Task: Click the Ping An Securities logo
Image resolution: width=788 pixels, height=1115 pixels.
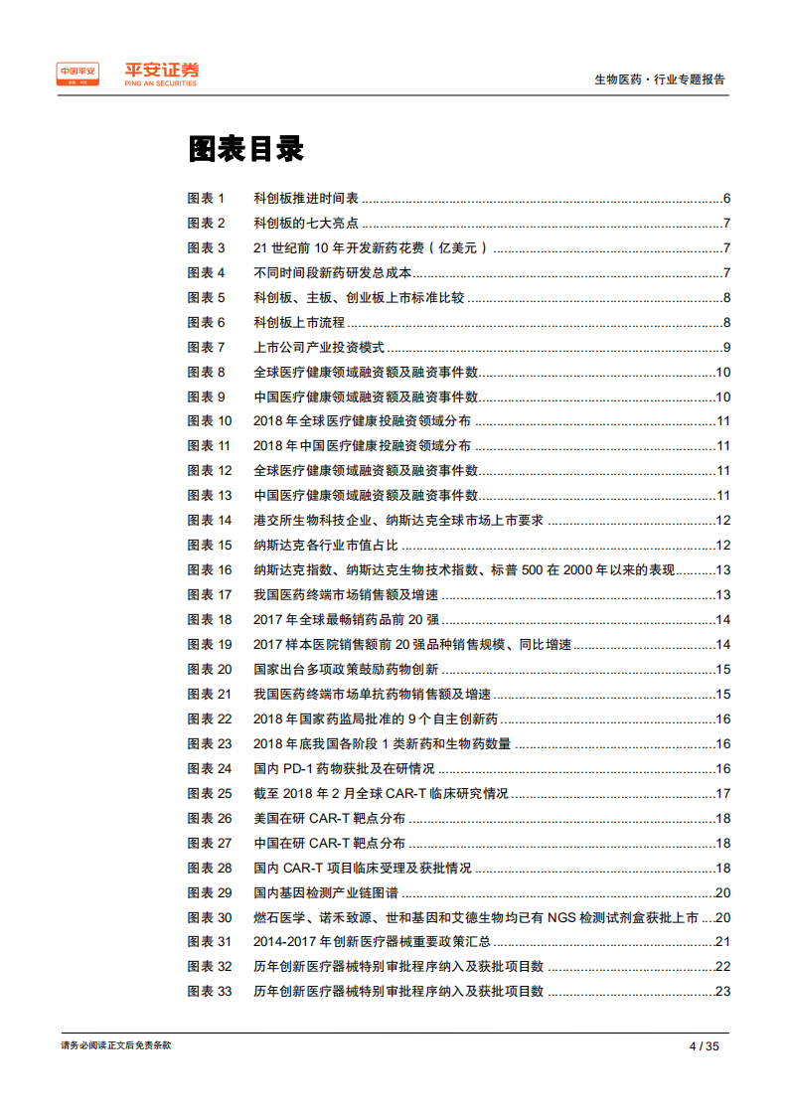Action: tap(127, 73)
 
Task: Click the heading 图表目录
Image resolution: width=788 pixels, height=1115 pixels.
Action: tap(244, 149)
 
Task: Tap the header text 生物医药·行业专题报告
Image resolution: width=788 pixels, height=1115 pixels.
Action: tap(659, 80)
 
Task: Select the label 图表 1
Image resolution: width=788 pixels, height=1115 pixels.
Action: tap(207, 199)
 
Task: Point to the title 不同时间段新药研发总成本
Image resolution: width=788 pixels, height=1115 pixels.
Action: tap(333, 273)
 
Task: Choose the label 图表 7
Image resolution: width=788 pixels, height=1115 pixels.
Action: tap(207, 348)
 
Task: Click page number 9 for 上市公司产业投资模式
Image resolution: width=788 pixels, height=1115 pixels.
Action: tap(727, 348)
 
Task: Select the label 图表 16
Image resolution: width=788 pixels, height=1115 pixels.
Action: tap(210, 570)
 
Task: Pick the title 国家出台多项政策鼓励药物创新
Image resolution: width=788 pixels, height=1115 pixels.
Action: tap(346, 670)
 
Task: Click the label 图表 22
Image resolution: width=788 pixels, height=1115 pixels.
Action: tap(210, 719)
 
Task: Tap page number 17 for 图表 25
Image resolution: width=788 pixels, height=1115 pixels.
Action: tap(723, 794)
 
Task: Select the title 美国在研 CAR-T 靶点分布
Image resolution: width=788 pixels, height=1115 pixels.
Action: tap(329, 819)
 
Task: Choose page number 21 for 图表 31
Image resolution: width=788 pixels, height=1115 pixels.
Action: tap(723, 942)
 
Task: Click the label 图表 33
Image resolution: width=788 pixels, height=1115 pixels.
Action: tap(210, 992)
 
